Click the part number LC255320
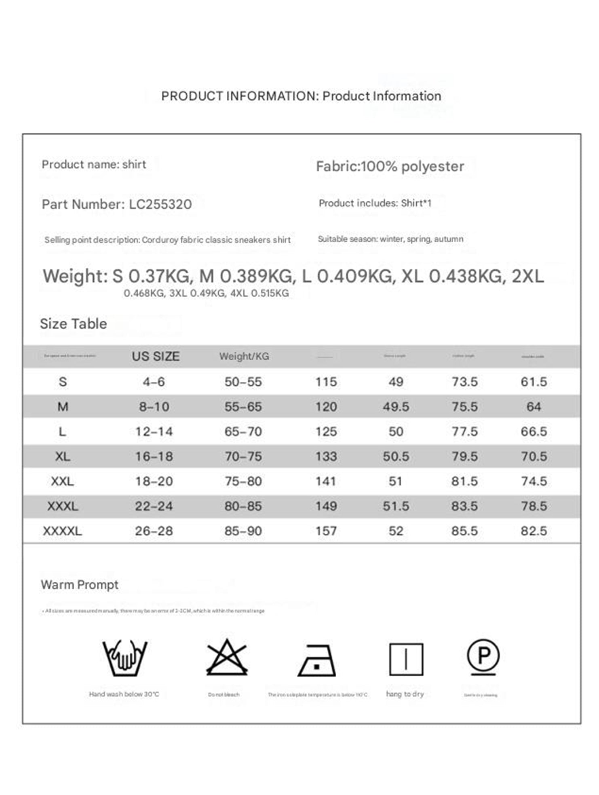click(x=160, y=204)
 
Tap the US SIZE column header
click(x=156, y=356)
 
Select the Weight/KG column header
click(x=244, y=356)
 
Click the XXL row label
click(x=62, y=481)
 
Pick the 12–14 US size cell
click(x=154, y=431)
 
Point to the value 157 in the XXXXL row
click(x=326, y=531)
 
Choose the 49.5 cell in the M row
click(x=396, y=407)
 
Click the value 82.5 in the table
click(x=534, y=531)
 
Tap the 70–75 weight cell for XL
click(x=243, y=457)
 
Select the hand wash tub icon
click(x=124, y=658)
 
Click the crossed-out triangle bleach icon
click(x=227, y=658)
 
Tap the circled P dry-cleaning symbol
click(x=483, y=656)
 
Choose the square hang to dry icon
click(x=406, y=659)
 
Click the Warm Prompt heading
click(x=80, y=585)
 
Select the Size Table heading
click(x=73, y=324)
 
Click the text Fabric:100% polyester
click(x=390, y=166)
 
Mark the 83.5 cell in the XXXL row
click(x=464, y=506)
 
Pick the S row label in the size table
click(x=63, y=382)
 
